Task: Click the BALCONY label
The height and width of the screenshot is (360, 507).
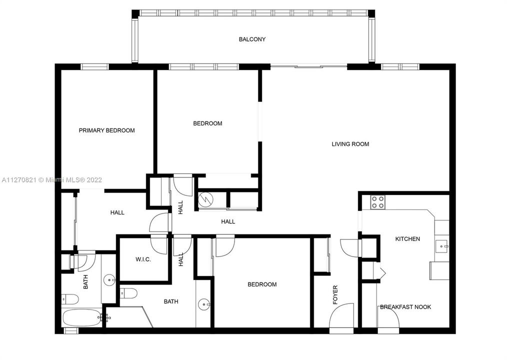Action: click(252, 39)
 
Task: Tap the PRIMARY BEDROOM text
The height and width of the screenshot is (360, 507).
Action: click(106, 130)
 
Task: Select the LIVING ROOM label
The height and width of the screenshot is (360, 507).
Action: click(350, 144)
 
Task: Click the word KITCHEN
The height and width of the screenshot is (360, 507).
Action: click(407, 239)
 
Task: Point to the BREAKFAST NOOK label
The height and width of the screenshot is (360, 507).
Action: click(405, 307)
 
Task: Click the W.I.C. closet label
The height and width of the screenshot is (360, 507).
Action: click(143, 260)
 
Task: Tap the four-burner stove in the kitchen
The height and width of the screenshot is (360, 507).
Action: click(377, 202)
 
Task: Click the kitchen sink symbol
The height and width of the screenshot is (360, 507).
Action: click(441, 245)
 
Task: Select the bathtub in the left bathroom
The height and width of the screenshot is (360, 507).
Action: click(82, 317)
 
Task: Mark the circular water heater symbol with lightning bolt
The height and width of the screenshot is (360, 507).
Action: click(205, 200)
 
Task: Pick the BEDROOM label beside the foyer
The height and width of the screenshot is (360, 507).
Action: click(262, 284)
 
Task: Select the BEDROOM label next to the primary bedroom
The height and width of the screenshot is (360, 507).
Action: click(207, 123)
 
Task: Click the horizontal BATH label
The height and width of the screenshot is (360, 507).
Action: click(171, 301)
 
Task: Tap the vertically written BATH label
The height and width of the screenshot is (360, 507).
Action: click(85, 283)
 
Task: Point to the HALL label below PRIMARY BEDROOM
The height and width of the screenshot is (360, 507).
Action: click(117, 212)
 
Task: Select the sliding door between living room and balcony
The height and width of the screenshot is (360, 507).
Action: click(308, 65)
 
